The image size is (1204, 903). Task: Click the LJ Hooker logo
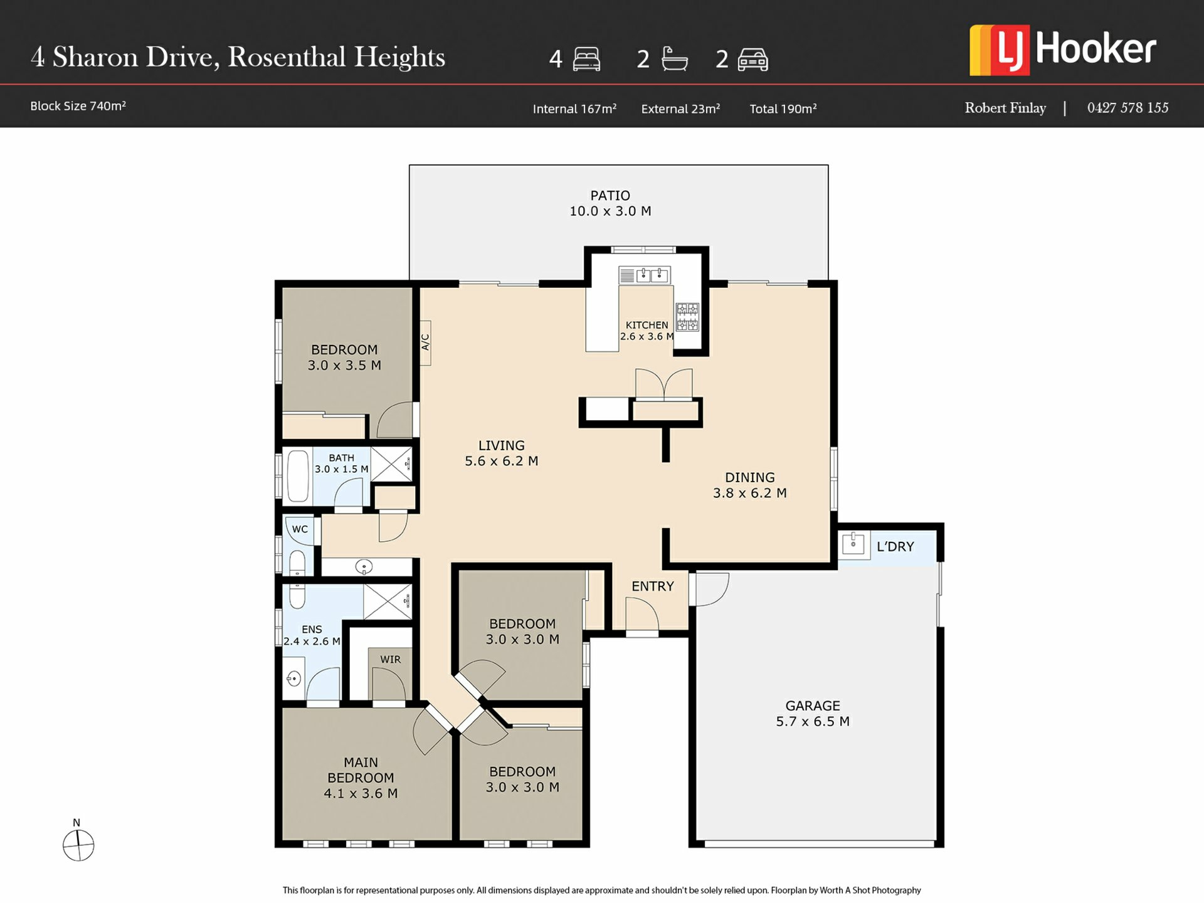coord(1062,50)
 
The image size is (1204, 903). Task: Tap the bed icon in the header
coord(586,59)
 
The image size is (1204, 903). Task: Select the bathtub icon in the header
coord(675,59)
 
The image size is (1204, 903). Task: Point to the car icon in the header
coord(752,60)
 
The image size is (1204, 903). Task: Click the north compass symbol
coord(78,845)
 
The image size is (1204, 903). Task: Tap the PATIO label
coord(610,196)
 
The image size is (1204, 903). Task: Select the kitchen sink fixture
coord(644,275)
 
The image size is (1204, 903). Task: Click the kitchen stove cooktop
coord(687,317)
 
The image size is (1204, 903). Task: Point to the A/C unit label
coord(425,342)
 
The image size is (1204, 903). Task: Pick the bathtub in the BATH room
coord(298,476)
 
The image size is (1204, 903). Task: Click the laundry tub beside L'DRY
coord(853,544)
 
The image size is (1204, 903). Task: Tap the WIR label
coord(390,660)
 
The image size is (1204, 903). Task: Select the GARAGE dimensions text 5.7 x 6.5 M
coord(813,722)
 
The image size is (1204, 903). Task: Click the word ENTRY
coord(653,586)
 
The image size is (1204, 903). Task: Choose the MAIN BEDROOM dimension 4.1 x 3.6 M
coord(361,794)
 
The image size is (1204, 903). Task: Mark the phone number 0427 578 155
coord(1127,108)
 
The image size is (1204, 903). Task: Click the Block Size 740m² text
coord(78,106)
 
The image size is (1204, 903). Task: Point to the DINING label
coord(750,478)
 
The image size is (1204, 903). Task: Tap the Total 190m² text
coord(783,109)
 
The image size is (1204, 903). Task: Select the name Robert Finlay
coord(1005,108)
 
